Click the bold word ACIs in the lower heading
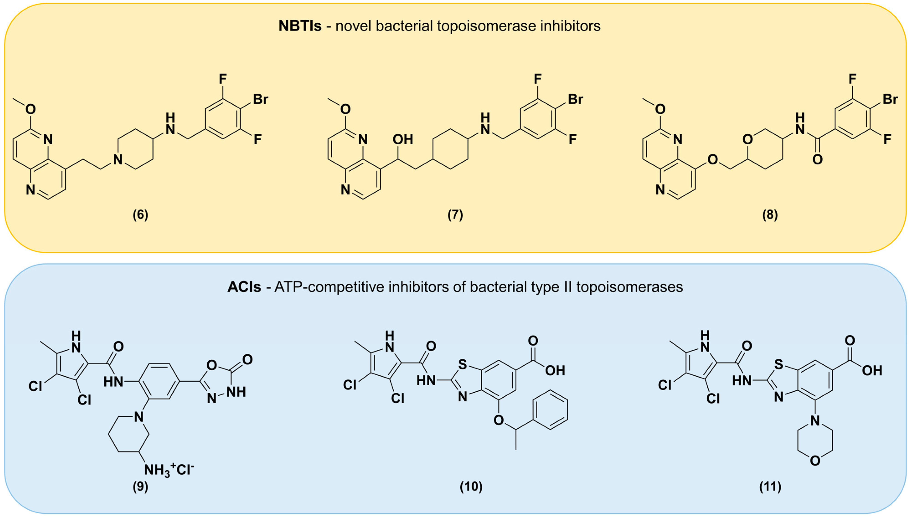tap(244, 287)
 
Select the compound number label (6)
tap(140, 215)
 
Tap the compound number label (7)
tap(455, 215)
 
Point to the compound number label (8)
tap(770, 215)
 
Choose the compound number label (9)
tap(140, 486)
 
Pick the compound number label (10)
tap(471, 486)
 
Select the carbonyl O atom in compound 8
tap(817, 159)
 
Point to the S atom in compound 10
tap(462, 364)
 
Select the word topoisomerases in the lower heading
tap(629, 287)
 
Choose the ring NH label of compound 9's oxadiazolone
tap(236, 392)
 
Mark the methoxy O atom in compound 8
tap(660, 109)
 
